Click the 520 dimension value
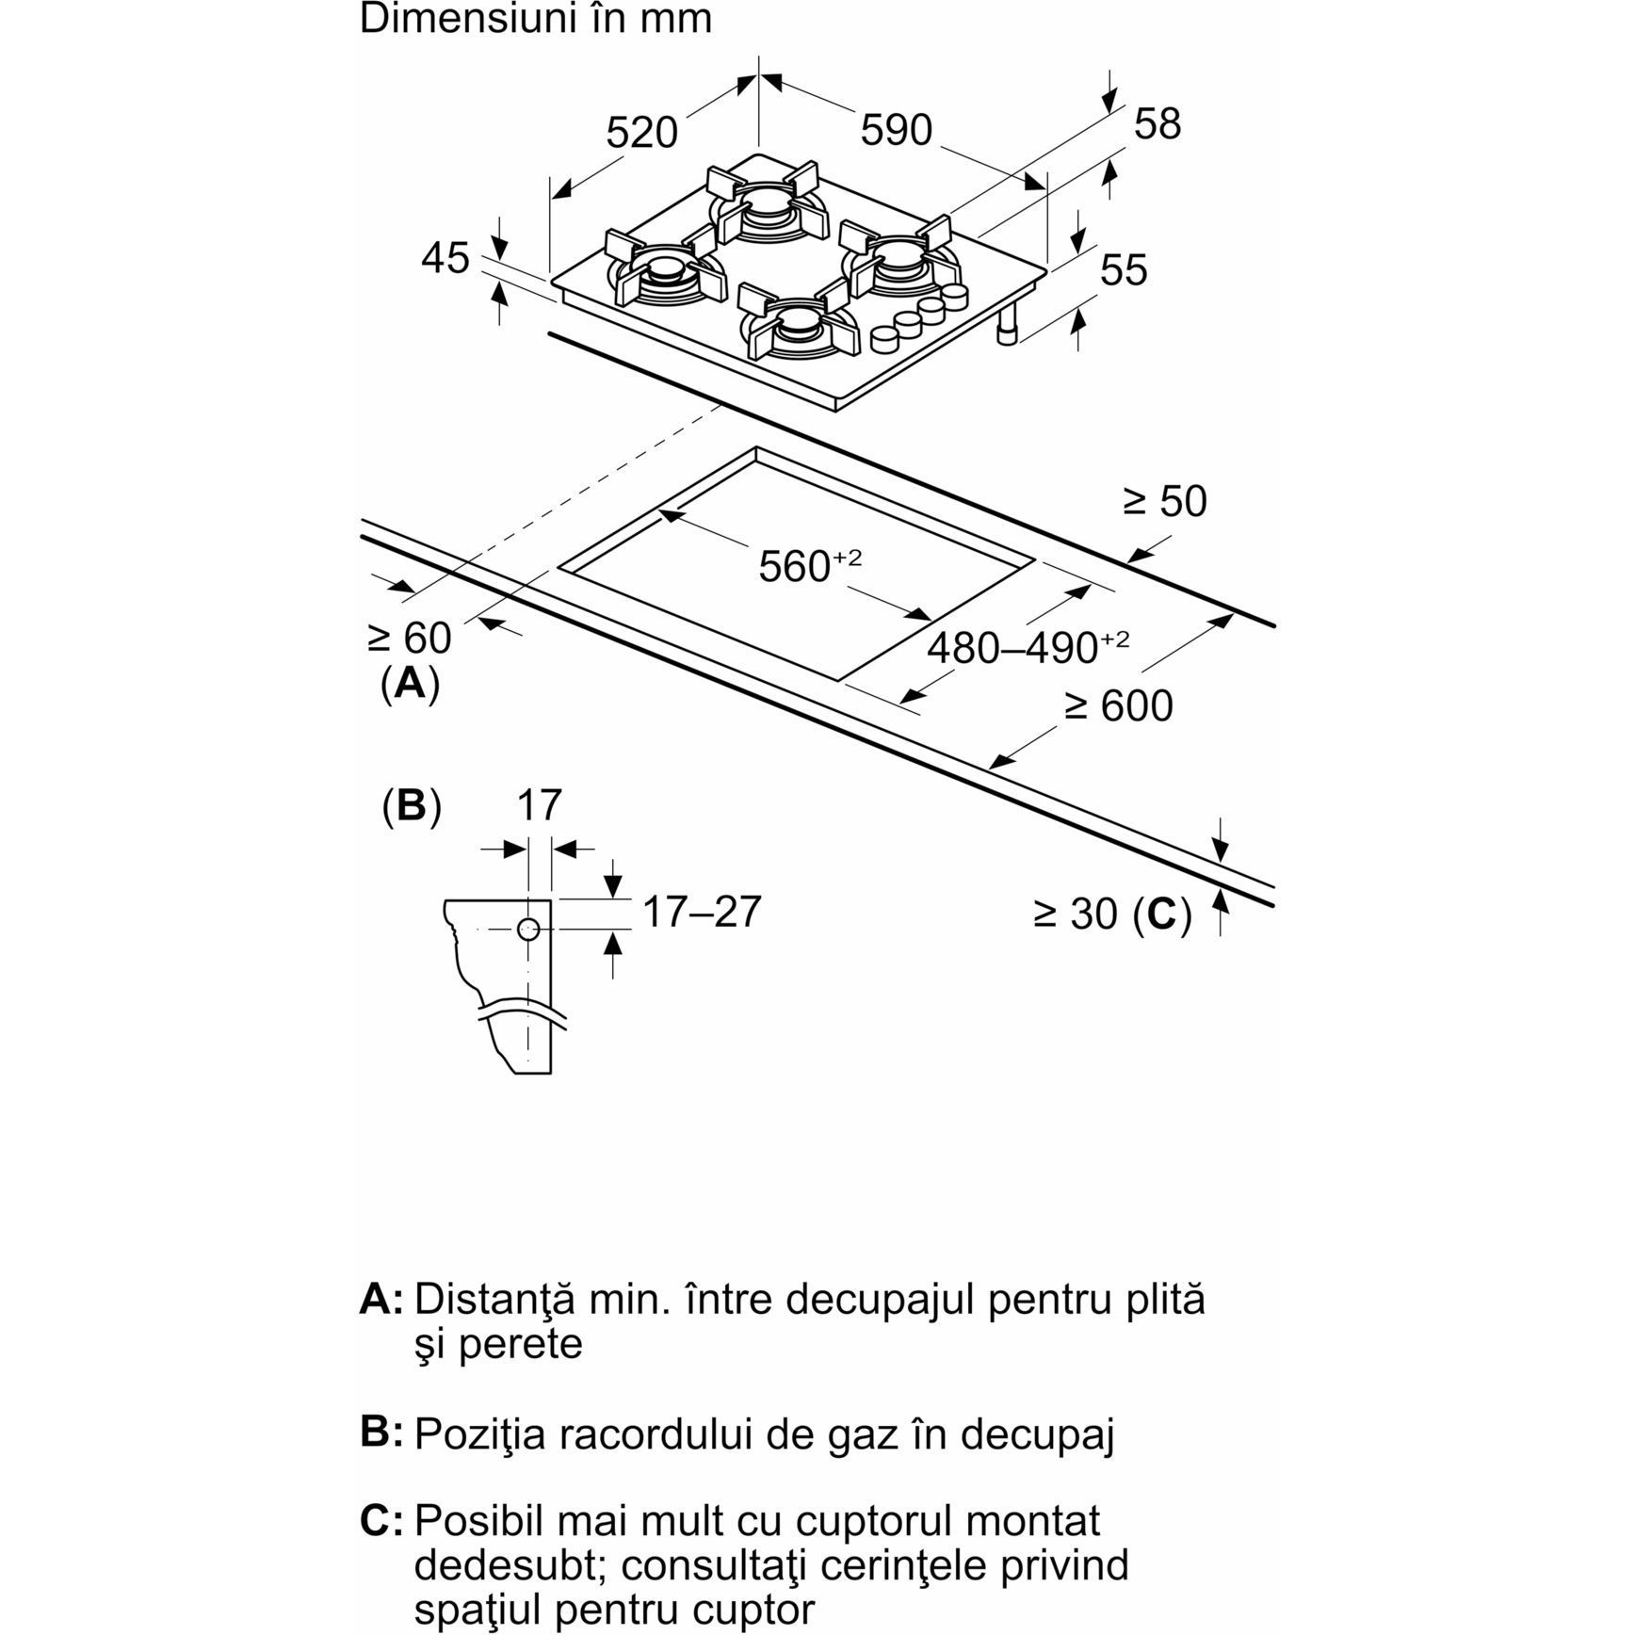tap(641, 133)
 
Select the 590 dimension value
tap(896, 130)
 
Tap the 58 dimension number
tap(1157, 124)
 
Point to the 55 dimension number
tap(1124, 270)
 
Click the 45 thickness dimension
tap(445, 258)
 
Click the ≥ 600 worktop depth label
tap(1119, 705)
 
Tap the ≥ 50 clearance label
tap(1165, 501)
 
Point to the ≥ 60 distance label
tap(410, 639)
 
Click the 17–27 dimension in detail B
tap(701, 912)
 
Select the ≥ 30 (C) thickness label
tap(1112, 914)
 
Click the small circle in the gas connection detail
tap(528, 931)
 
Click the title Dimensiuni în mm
tap(535, 19)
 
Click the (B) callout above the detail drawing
tap(412, 806)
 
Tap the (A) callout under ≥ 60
tap(410, 683)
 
